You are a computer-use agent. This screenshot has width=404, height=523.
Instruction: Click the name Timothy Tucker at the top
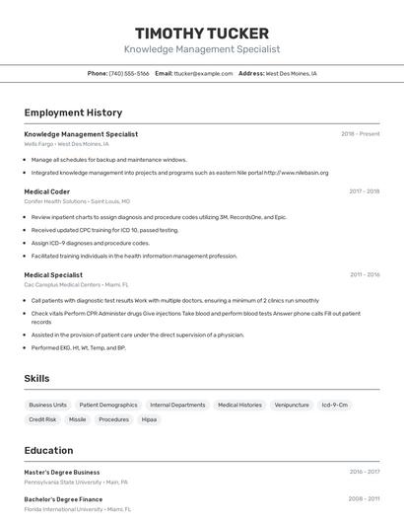[201, 34]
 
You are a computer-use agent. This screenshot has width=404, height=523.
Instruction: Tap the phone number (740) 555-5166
[129, 73]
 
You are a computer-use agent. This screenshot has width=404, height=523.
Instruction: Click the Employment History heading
[73, 112]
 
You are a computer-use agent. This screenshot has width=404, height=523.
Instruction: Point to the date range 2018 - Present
[360, 134]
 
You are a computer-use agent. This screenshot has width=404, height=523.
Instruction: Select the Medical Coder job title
[46, 191]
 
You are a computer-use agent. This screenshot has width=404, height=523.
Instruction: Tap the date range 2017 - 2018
[364, 191]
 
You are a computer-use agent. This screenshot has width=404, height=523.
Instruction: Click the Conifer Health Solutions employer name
[55, 201]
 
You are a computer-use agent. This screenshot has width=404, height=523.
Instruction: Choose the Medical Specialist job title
[53, 275]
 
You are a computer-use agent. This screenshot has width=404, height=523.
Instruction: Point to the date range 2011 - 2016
[364, 275]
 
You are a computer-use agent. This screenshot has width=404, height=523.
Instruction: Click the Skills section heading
[36, 378]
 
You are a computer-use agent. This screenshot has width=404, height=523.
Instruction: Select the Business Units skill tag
[47, 405]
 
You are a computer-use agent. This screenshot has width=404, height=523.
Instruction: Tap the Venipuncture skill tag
[292, 405]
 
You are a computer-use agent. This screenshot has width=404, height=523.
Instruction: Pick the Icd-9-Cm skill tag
[335, 405]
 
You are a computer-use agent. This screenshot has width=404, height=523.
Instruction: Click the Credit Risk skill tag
[42, 419]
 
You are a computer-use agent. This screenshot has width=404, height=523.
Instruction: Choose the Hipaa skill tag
[149, 419]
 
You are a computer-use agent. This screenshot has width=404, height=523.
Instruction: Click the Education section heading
[48, 450]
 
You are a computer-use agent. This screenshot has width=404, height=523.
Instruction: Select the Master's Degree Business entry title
[62, 473]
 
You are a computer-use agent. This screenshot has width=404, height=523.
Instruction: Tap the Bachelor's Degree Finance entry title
[63, 499]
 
